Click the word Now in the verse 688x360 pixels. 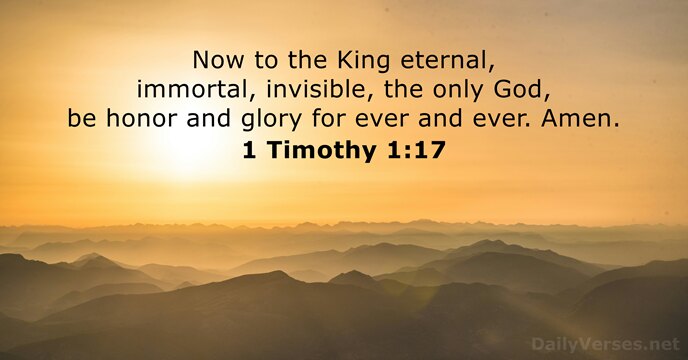(x=218, y=60)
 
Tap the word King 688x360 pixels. (x=363, y=62)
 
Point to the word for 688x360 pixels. (x=327, y=119)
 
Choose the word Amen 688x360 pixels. (x=580, y=119)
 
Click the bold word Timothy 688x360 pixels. (x=322, y=151)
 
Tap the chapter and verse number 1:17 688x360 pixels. (x=416, y=150)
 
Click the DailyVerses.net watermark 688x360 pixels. (x=606, y=344)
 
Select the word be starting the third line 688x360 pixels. (x=82, y=119)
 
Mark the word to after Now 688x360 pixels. (x=265, y=61)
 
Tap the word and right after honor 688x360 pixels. (x=208, y=119)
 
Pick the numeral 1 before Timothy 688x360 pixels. (x=249, y=150)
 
